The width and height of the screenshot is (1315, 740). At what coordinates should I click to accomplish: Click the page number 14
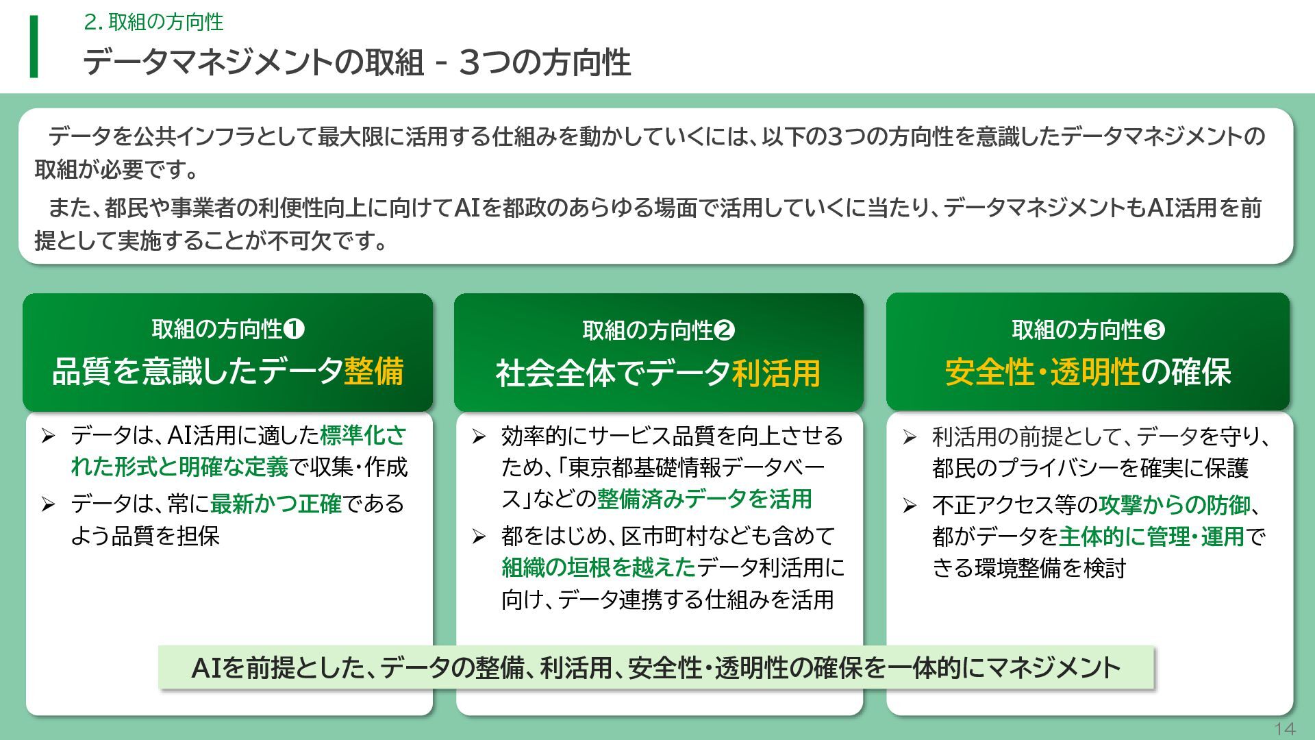click(1284, 728)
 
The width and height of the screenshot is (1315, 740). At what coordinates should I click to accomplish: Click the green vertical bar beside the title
click(34, 47)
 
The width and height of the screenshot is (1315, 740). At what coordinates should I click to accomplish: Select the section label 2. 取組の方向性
click(153, 22)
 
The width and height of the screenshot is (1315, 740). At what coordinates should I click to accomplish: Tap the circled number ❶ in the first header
click(294, 330)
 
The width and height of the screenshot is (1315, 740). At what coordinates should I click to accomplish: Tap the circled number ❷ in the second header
click(724, 331)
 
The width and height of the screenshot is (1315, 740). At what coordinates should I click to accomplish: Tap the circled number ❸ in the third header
click(1154, 330)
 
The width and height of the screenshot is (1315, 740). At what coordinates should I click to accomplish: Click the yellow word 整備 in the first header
click(373, 371)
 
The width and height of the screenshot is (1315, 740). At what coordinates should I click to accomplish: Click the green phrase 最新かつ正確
click(275, 504)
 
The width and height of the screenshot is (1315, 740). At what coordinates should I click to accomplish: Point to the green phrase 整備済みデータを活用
click(704, 499)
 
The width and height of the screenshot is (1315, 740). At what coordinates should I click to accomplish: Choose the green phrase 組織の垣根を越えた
click(598, 567)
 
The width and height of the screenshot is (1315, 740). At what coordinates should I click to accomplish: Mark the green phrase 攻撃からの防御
click(1175, 505)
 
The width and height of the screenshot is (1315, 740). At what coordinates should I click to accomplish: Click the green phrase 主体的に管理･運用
click(1151, 536)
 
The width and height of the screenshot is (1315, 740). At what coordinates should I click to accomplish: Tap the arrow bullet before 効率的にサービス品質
click(479, 436)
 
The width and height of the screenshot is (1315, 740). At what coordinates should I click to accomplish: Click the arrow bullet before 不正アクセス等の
click(910, 506)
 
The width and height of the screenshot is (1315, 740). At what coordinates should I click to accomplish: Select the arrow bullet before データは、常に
click(48, 505)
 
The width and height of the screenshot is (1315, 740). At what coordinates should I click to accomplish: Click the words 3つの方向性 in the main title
click(544, 62)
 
